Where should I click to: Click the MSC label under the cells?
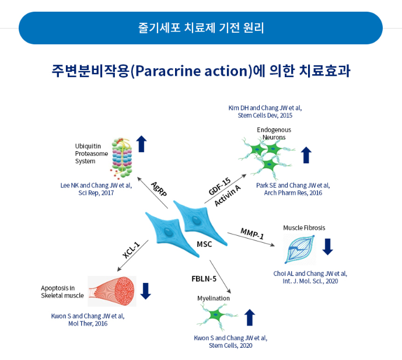(x=204, y=244)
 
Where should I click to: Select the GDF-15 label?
(x=219, y=187)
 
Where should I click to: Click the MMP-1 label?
(x=252, y=233)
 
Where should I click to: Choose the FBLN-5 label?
(x=204, y=278)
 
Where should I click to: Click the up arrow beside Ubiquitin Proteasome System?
(x=141, y=144)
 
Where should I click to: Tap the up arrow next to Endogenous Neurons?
(x=306, y=155)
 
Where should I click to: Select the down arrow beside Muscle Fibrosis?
(x=327, y=246)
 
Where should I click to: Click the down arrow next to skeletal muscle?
(x=146, y=291)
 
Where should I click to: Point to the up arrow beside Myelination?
(x=250, y=317)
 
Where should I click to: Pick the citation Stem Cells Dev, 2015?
(x=265, y=115)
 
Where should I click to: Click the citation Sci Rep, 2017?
(x=96, y=193)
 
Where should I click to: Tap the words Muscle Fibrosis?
(x=304, y=228)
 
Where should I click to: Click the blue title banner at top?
(x=201, y=27)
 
